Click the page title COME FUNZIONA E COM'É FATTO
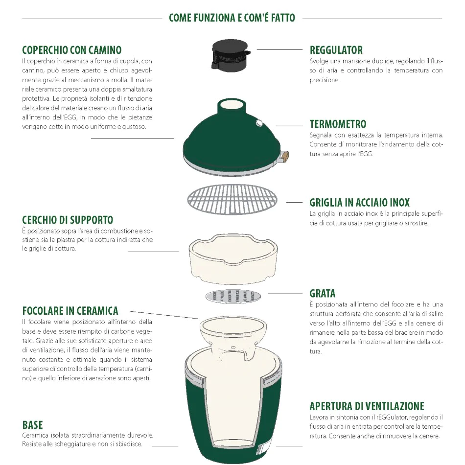point(232,18)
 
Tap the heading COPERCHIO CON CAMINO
point(72,50)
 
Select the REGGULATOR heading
point(336,50)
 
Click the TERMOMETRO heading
point(338,124)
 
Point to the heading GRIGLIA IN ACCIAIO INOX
point(360,202)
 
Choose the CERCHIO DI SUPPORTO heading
point(68,220)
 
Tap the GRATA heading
point(323,293)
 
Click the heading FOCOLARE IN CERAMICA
point(70,310)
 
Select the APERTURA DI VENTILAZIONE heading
point(367,406)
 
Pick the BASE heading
point(33,424)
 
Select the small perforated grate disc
point(232,296)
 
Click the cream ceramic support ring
point(232,258)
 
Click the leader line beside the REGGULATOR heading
point(279,50)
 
